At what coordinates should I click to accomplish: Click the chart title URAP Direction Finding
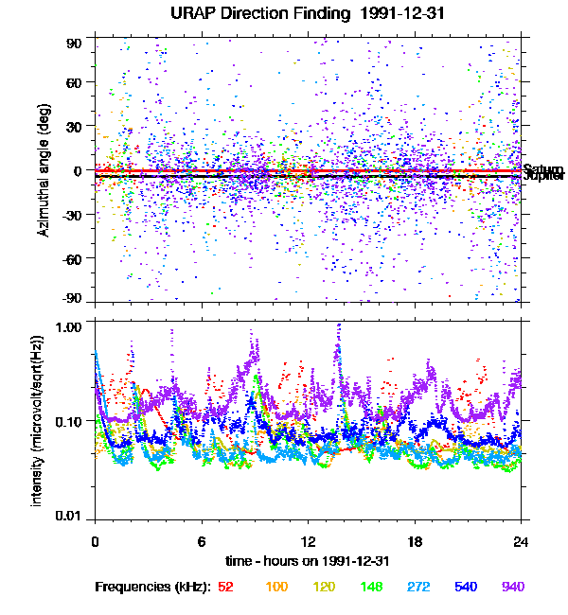pyautogui.click(x=293, y=14)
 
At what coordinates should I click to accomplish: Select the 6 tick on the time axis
pyautogui.click(x=202, y=541)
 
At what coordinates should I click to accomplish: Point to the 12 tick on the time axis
pyautogui.click(x=308, y=541)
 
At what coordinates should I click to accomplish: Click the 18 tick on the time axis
pyautogui.click(x=415, y=541)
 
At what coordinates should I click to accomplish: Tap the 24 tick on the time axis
pyautogui.click(x=521, y=541)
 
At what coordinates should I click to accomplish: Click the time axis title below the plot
pyautogui.click(x=308, y=561)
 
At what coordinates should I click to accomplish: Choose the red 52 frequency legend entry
pyautogui.click(x=225, y=588)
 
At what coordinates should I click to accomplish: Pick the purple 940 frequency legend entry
pyautogui.click(x=513, y=588)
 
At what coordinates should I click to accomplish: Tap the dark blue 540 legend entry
pyautogui.click(x=466, y=588)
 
